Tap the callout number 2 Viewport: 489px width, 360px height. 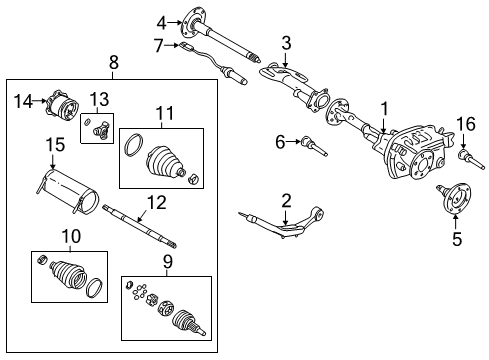tap(286, 200)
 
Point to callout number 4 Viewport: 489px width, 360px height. tap(161, 21)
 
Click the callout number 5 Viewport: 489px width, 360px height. tap(457, 240)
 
